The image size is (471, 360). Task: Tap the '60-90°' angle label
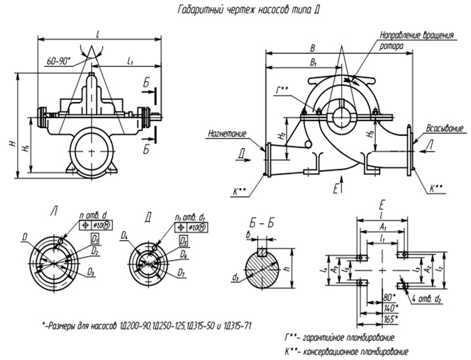(x=56, y=62)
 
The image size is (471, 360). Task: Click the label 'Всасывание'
(x=445, y=128)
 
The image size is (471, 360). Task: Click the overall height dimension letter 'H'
(x=11, y=145)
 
